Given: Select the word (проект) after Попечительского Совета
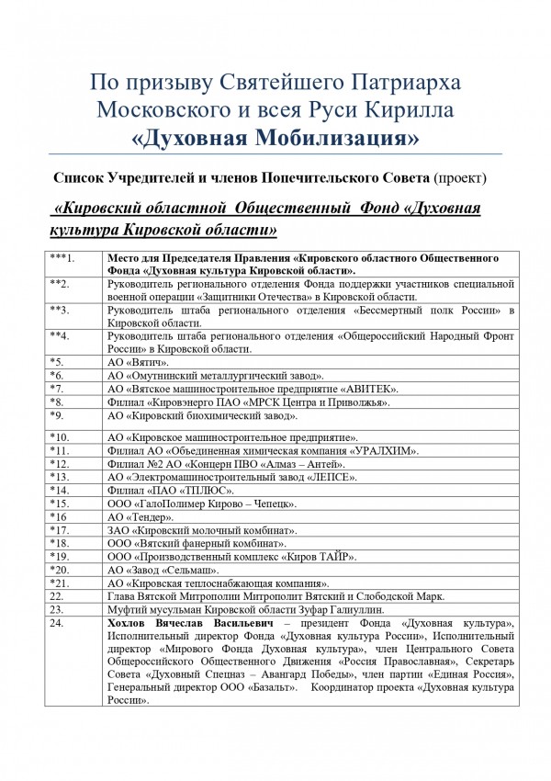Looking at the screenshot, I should tap(469, 175).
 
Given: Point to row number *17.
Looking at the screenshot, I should tap(60, 531).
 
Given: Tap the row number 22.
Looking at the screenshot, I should tap(56, 596).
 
